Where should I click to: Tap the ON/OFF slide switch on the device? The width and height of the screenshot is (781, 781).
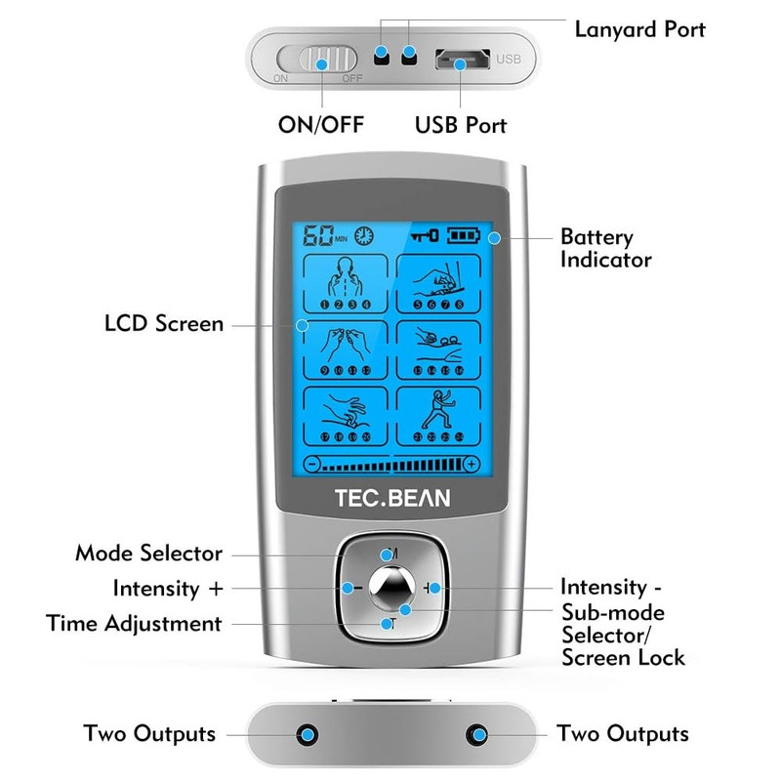(321, 62)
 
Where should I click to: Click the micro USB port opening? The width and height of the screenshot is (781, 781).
(461, 61)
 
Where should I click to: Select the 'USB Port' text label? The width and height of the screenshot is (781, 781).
(461, 126)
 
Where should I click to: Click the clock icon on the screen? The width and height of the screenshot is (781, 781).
(363, 236)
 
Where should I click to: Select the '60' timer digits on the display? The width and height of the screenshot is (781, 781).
(318, 236)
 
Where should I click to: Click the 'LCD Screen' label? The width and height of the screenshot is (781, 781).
(164, 323)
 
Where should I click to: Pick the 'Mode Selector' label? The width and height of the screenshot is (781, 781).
(148, 554)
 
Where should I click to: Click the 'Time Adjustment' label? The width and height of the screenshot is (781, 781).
(134, 623)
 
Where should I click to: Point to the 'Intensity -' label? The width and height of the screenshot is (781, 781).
(617, 587)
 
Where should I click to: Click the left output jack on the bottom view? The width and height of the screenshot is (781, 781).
(308, 733)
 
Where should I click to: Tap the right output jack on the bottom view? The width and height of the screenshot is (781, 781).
(477, 733)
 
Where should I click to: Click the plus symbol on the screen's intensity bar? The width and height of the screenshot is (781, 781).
(471, 464)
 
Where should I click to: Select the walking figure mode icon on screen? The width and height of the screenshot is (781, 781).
(438, 419)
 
